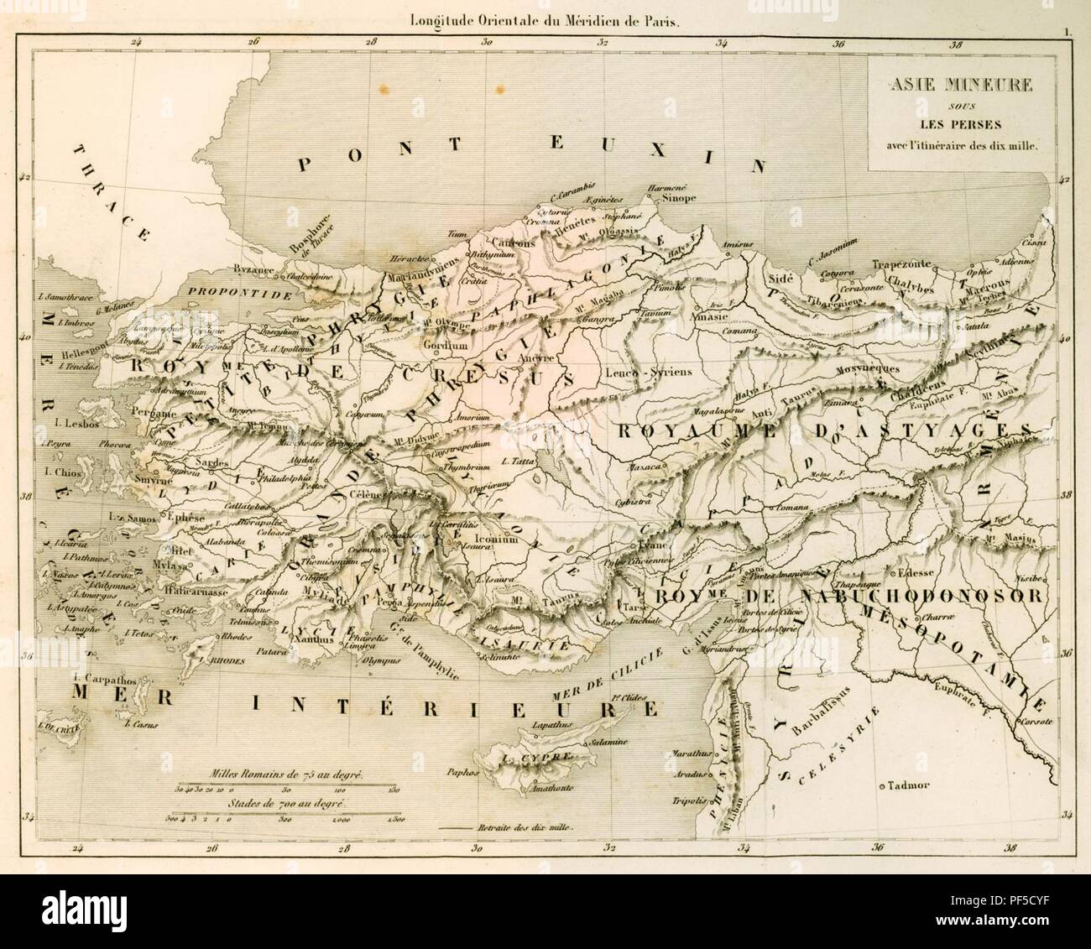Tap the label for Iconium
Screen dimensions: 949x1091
[x=496, y=540]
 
